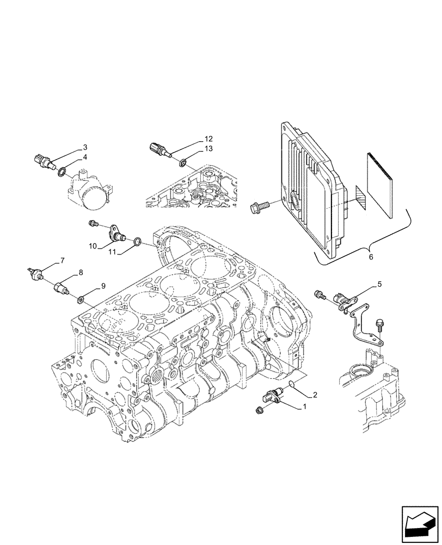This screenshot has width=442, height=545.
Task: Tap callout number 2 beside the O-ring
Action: point(314,394)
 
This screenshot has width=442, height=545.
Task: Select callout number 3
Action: point(85,147)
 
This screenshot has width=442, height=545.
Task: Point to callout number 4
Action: point(85,158)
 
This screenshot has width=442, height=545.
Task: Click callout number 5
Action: point(379,284)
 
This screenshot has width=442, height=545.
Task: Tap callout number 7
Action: point(63,261)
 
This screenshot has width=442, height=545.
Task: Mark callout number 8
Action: point(81,272)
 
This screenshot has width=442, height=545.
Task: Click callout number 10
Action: point(93,246)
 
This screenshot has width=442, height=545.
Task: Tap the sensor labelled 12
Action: point(158,148)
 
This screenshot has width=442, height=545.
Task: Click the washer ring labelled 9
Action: point(80,298)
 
